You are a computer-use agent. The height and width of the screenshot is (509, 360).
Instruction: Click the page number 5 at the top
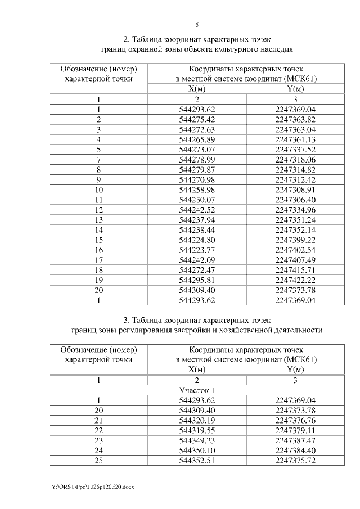coord(197,25)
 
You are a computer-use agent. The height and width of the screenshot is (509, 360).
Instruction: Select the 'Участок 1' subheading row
coord(197,390)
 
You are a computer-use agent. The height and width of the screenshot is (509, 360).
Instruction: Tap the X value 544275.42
coord(197,119)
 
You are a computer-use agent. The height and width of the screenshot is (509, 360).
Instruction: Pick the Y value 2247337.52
coord(295,150)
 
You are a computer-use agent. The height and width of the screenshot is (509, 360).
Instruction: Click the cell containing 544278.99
coord(197,160)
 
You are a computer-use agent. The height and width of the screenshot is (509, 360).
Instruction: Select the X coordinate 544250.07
coord(197,200)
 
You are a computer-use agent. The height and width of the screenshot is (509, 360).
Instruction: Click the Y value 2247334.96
coord(295,210)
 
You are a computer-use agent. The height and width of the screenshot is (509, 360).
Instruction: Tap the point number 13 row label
coord(99,220)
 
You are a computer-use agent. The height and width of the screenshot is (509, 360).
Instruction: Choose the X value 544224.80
coord(197,240)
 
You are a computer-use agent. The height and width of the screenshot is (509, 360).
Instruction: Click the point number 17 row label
coord(99,260)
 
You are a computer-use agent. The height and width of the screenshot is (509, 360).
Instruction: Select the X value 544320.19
coord(197,420)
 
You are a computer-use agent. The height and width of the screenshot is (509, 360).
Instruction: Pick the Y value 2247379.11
coord(295,430)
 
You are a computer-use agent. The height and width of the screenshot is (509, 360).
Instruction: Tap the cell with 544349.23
coord(197,440)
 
